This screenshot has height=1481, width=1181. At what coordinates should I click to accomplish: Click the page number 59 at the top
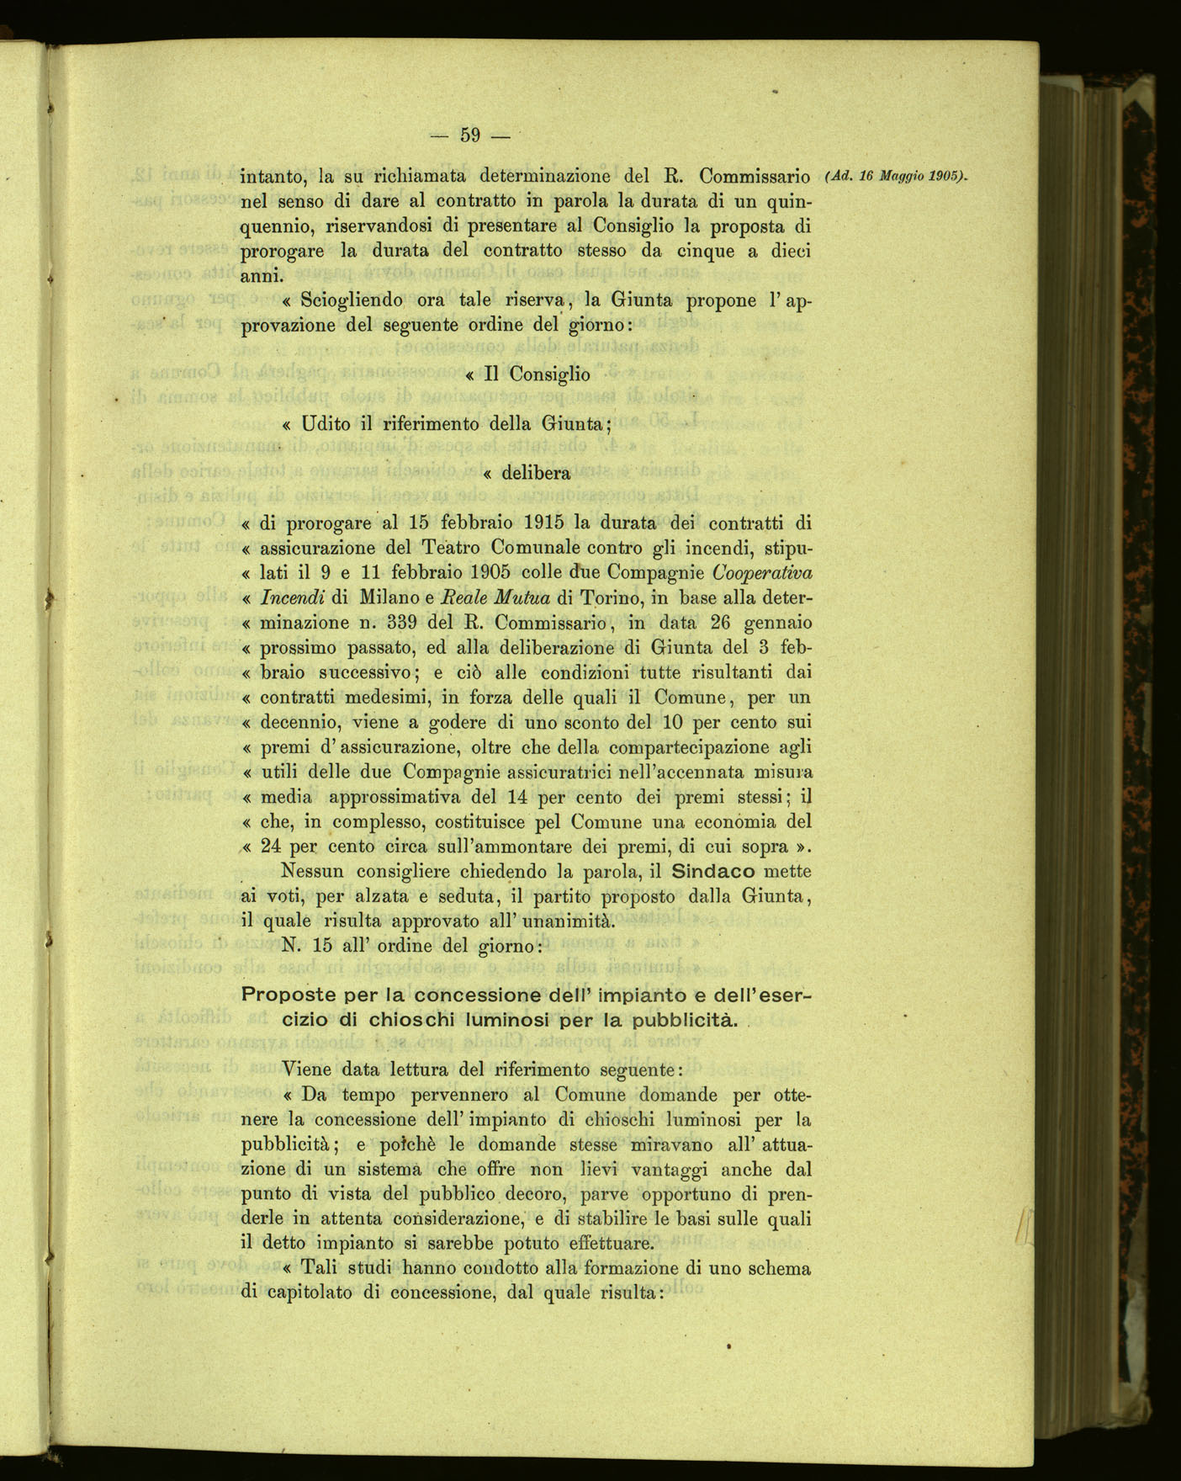point(470,135)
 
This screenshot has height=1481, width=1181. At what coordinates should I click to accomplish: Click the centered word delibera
point(536,473)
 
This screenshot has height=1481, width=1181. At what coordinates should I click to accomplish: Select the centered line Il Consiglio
point(527,375)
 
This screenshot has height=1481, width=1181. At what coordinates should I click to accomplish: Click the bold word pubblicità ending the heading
point(678,1021)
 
